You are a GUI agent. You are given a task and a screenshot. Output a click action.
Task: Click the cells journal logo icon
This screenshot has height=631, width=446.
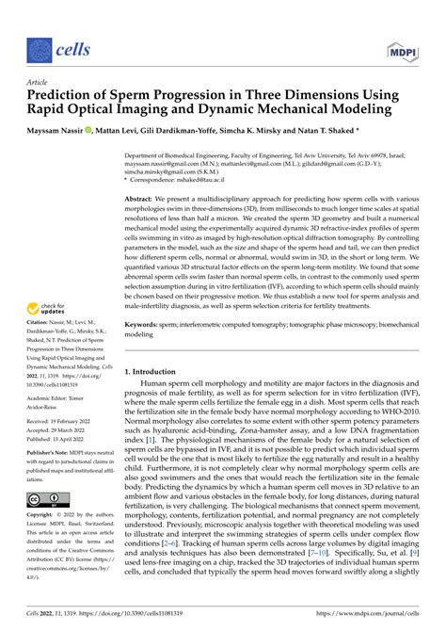click(38, 46)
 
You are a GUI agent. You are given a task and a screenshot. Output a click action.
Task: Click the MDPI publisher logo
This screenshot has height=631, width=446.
click(403, 46)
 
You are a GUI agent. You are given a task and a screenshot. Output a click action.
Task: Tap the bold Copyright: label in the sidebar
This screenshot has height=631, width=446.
click(42, 517)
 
